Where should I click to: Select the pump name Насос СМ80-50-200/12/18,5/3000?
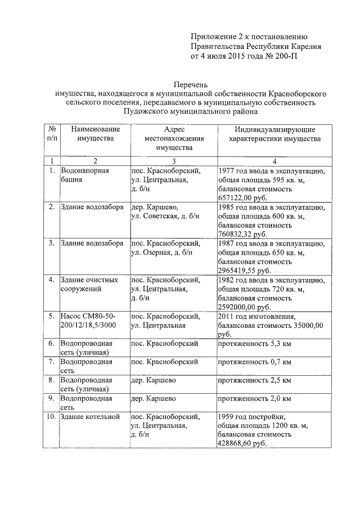91,321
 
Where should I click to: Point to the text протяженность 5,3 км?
254,343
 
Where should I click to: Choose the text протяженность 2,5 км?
254,380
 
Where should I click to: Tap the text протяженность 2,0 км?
254,399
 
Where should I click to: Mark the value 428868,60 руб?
241,444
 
